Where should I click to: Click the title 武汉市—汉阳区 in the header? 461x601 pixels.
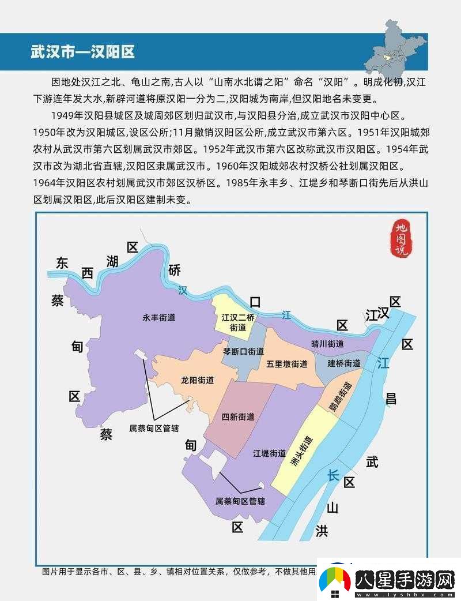click(82, 51)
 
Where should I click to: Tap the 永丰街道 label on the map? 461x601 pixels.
click(159, 317)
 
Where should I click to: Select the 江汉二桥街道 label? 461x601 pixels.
click(238, 322)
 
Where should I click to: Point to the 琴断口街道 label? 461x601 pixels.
click(244, 351)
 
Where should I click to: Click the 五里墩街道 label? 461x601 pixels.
click(286, 364)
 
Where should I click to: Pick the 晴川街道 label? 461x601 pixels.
click(327, 344)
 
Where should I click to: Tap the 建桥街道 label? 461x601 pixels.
click(344, 363)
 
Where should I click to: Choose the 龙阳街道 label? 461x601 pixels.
click(198, 380)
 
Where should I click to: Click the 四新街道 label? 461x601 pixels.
click(238, 417)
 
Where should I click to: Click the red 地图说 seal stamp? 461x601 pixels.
click(399, 238)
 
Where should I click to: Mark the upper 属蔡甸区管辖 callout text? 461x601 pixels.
click(154, 429)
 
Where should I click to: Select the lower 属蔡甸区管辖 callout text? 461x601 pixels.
click(240, 501)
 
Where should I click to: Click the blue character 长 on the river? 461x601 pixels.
click(334, 475)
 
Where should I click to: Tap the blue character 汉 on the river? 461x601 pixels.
click(183, 291)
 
